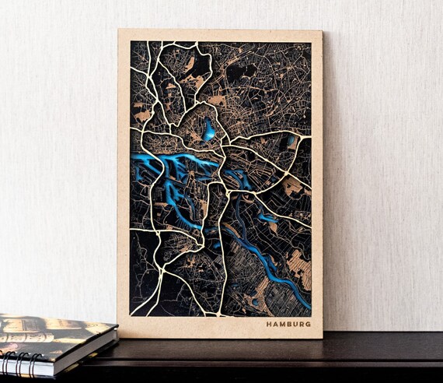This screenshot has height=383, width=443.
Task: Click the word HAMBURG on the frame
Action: (x=288, y=324)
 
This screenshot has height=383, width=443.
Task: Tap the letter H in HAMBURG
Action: (x=269, y=324)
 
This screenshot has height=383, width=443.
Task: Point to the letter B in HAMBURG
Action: (x=288, y=324)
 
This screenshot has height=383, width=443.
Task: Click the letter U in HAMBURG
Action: (x=295, y=324)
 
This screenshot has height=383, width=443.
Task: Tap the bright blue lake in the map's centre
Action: (x=208, y=130)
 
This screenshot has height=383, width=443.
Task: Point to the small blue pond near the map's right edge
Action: (x=291, y=141)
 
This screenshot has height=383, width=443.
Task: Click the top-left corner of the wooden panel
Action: (x=119, y=30)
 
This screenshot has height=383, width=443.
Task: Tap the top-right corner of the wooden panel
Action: (x=321, y=31)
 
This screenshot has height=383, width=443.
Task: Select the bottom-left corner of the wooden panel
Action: (x=118, y=336)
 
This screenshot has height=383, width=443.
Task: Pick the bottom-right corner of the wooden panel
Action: (x=322, y=338)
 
